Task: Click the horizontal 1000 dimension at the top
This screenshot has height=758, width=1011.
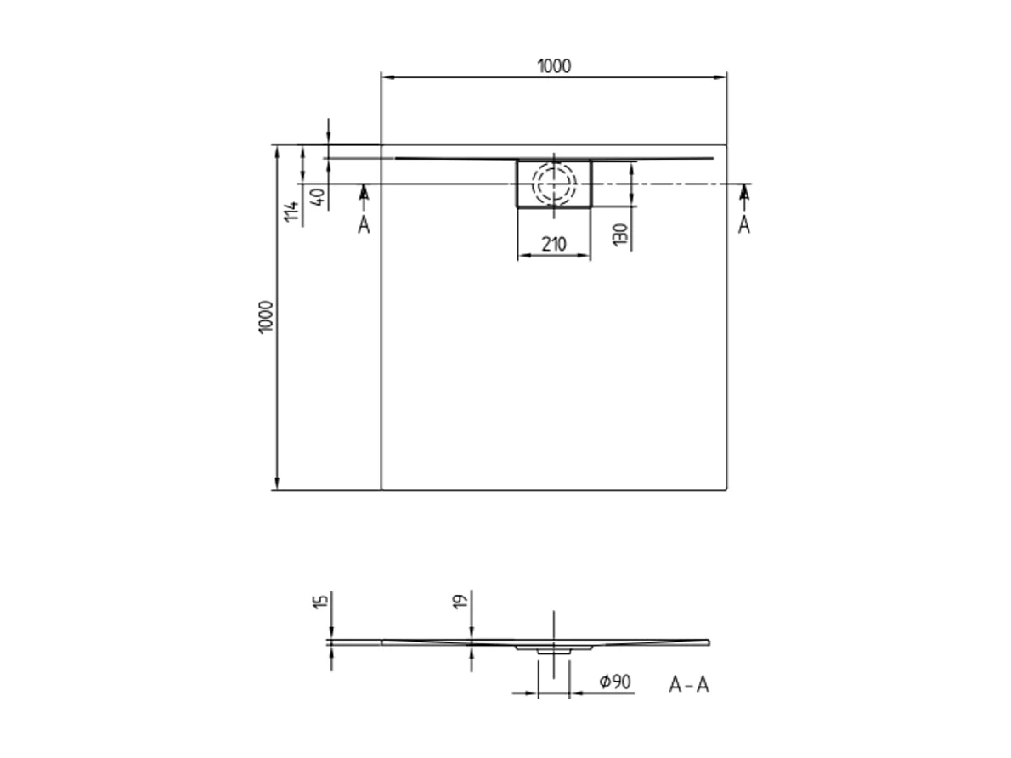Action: click(x=554, y=66)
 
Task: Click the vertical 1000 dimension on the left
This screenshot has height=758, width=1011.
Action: click(x=267, y=317)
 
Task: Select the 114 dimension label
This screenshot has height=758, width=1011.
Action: click(x=292, y=212)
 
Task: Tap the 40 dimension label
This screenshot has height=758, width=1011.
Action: click(x=316, y=197)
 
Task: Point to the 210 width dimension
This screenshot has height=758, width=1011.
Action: click(x=554, y=244)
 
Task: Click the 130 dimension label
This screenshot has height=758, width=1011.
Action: click(x=620, y=235)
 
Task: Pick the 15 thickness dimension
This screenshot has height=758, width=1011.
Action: click(x=319, y=602)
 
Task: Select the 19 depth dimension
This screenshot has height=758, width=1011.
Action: click(x=460, y=602)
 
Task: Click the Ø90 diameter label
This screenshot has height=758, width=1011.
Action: click(x=614, y=682)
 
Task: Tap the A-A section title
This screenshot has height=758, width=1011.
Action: click(x=688, y=685)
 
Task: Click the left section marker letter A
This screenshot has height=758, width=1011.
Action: click(x=364, y=225)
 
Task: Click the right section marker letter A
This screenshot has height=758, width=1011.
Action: click(x=744, y=225)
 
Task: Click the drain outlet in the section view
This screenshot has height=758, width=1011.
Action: click(x=554, y=648)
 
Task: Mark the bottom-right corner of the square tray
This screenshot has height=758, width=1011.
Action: click(x=727, y=490)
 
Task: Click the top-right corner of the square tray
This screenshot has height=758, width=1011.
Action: click(x=727, y=144)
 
